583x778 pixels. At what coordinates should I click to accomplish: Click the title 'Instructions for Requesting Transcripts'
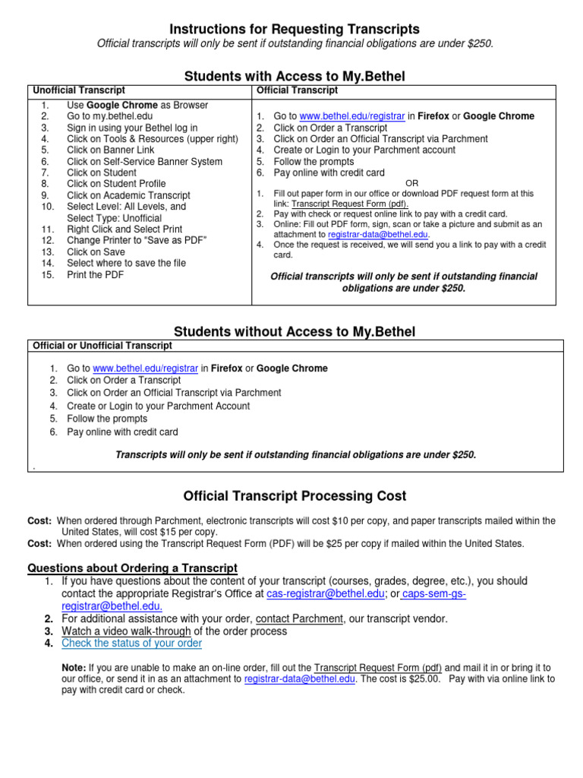[295, 29]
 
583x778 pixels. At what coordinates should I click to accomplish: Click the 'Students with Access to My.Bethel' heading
[295, 76]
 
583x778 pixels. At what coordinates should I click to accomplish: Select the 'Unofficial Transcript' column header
[80, 90]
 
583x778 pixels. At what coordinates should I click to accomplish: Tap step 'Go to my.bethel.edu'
[109, 116]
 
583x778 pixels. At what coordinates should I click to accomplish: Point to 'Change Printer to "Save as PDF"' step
[137, 240]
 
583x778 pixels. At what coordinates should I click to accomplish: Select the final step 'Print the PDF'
[95, 274]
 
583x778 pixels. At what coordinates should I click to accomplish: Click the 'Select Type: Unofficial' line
[114, 218]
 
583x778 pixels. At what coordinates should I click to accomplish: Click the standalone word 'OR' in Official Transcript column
[411, 183]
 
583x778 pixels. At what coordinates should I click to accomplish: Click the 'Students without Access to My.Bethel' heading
[295, 332]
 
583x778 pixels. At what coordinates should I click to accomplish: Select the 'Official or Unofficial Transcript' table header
[102, 346]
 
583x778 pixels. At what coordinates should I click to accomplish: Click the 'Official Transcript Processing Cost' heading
[295, 496]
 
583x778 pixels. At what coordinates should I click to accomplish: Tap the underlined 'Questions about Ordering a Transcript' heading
[132, 568]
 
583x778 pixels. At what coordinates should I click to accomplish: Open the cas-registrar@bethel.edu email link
[326, 593]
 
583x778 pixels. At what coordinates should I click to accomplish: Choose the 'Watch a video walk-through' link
[126, 631]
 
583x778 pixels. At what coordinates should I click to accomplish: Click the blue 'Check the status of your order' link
[131, 644]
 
